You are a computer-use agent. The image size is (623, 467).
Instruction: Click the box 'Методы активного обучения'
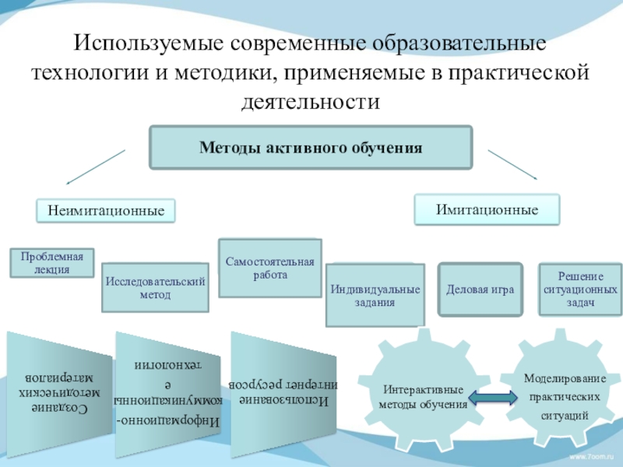pos(311,147)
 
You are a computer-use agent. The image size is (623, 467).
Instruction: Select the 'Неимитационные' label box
pos(106,210)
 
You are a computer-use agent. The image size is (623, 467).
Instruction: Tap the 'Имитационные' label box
pos(487,210)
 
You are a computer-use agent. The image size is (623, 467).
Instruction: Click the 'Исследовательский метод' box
pos(155,287)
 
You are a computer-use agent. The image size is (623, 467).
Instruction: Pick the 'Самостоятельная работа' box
pos(269,268)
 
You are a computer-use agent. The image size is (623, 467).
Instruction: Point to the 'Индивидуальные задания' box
pos(375,295)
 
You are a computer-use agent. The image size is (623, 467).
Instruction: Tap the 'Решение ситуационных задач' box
pos(580,289)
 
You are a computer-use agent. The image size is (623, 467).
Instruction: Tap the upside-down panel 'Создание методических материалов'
pos(59,385)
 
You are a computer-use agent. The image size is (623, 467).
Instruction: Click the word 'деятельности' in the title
pos(311,100)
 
